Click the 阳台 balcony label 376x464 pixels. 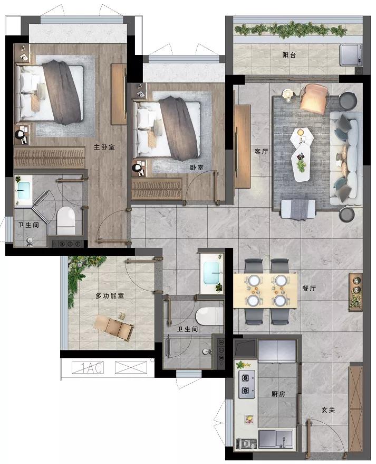[x=289, y=55]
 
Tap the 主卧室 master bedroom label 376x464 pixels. [x=104, y=147]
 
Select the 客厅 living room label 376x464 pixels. [x=261, y=152]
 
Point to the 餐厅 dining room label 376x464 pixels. [x=309, y=288]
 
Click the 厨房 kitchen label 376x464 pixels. [x=278, y=394]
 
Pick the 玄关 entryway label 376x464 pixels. [x=328, y=410]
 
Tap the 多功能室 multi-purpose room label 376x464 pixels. [x=110, y=295]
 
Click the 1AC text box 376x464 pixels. [x=88, y=368]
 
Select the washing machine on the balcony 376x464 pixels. [x=351, y=55]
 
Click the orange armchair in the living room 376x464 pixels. [x=314, y=98]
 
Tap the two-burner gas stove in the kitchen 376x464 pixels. [x=247, y=384]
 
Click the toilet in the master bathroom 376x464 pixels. [x=66, y=220]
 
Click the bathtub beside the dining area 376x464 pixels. [x=212, y=273]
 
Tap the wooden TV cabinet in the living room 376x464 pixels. [x=243, y=146]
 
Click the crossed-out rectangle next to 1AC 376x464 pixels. [x=131, y=367]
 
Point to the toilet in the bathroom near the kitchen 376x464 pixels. [x=209, y=316]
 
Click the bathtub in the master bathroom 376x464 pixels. [x=23, y=191]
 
